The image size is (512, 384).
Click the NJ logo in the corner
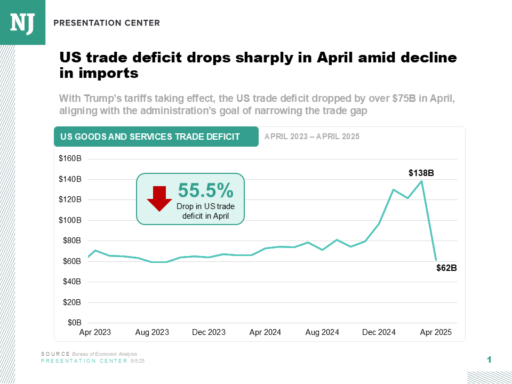[22, 22]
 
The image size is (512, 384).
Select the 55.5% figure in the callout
[205, 190]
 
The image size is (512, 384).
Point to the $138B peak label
[421, 173]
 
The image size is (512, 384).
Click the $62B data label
[446, 268]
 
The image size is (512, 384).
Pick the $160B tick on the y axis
[70, 159]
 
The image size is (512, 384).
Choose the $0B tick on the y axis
[74, 323]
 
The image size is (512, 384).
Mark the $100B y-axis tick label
[70, 220]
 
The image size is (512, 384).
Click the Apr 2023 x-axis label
[95, 332]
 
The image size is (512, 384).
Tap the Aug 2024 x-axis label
[322, 332]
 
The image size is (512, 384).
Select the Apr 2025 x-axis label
[436, 332]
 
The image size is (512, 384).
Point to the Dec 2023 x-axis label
[209, 332]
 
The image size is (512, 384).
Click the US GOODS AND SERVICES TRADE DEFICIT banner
[156, 137]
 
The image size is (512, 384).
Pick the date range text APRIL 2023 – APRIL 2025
[312, 137]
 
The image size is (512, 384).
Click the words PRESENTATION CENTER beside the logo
[107, 23]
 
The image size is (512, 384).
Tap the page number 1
[489, 360]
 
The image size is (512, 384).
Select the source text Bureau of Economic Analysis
[105, 354]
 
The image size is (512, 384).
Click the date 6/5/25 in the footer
[138, 361]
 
